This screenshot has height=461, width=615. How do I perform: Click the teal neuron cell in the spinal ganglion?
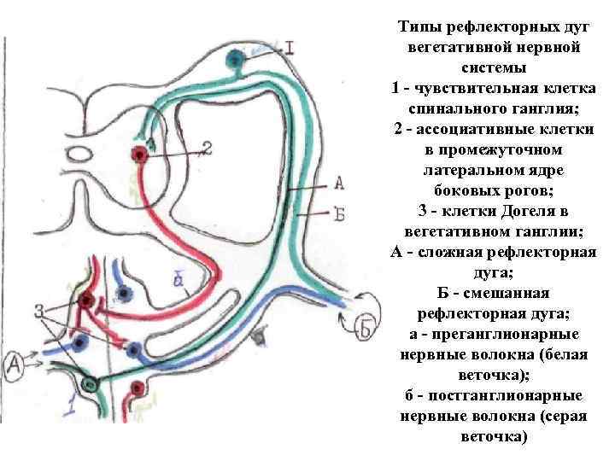pyautogui.click(x=234, y=59)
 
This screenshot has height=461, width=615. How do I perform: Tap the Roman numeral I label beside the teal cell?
pyautogui.click(x=289, y=49)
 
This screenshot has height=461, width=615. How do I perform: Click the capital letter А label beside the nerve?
pyautogui.click(x=339, y=183)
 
